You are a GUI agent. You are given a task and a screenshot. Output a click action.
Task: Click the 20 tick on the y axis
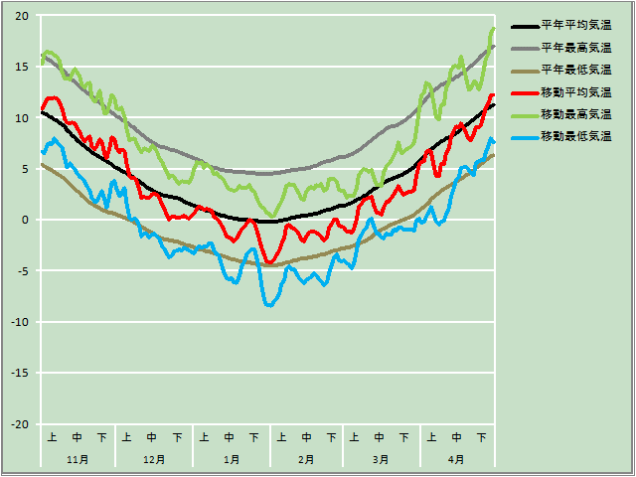coord(22,16)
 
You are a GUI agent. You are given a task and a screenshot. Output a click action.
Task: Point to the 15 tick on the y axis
coord(22,67)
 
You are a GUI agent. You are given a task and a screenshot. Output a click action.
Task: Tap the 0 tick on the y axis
coord(26,220)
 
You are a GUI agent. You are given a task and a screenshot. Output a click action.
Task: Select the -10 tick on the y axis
coord(20,322)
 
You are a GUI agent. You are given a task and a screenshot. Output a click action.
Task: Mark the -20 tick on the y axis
coord(20,424)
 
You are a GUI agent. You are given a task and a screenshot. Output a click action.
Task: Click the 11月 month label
coord(78,460)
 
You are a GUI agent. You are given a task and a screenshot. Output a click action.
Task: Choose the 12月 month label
coord(154,460)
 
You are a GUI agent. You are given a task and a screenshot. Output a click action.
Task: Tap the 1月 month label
coord(231,460)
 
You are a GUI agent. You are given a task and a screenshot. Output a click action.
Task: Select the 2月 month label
coord(306,460)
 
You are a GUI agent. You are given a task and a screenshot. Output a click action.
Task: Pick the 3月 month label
coord(381,460)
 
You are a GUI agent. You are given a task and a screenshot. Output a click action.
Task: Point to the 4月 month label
coord(456,460)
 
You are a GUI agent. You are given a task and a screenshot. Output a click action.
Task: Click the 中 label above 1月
coord(230,437)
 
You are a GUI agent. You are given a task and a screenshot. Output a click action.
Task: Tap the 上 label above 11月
coord(52,437)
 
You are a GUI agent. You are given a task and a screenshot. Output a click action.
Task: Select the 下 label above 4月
coord(481,437)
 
